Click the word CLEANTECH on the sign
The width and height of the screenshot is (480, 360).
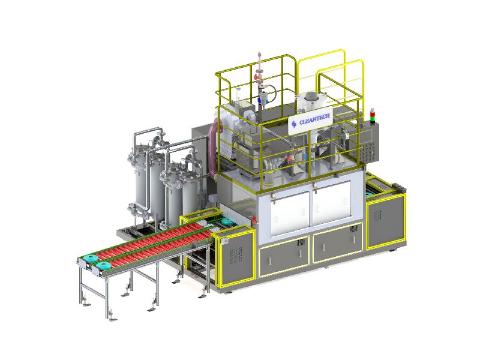pyautogui.click(x=314, y=119)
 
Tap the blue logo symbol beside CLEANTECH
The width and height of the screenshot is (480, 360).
pyautogui.click(x=294, y=124)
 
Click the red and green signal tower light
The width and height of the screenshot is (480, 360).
pyautogui.click(x=373, y=116)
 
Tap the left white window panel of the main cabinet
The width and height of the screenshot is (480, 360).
pyautogui.click(x=289, y=213)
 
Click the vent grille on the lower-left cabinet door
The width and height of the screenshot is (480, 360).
pyautogui.click(x=301, y=242)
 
